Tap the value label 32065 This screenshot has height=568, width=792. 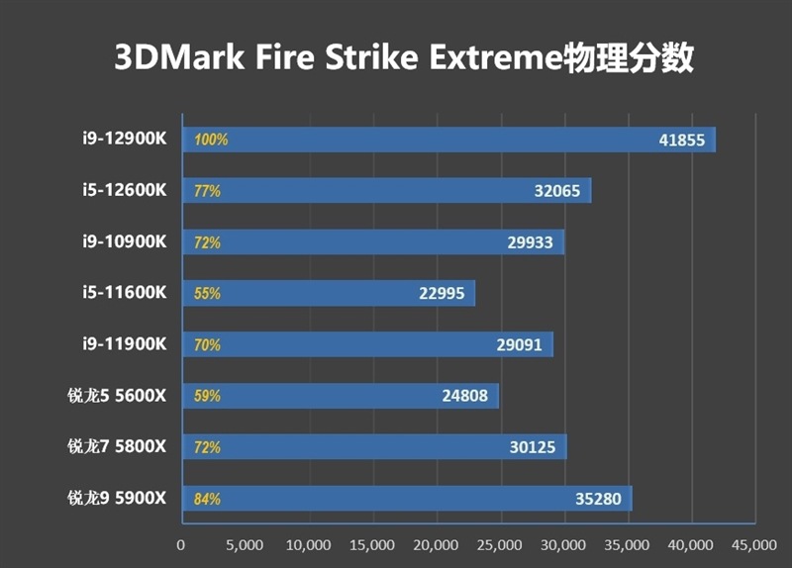556,191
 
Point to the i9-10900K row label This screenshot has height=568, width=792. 125,240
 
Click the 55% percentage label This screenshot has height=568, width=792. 208,294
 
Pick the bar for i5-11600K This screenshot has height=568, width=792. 327,294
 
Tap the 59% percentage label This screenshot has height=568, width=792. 208,397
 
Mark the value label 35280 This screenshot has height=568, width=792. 598,500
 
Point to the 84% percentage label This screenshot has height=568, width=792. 208,500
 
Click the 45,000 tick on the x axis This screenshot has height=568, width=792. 754,545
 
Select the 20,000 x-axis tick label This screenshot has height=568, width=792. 436,545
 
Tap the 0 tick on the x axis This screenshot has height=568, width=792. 180,545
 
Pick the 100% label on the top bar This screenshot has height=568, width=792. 211,140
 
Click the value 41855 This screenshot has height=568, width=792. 681,140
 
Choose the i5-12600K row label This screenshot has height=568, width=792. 125,189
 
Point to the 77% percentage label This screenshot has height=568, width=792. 208,191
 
